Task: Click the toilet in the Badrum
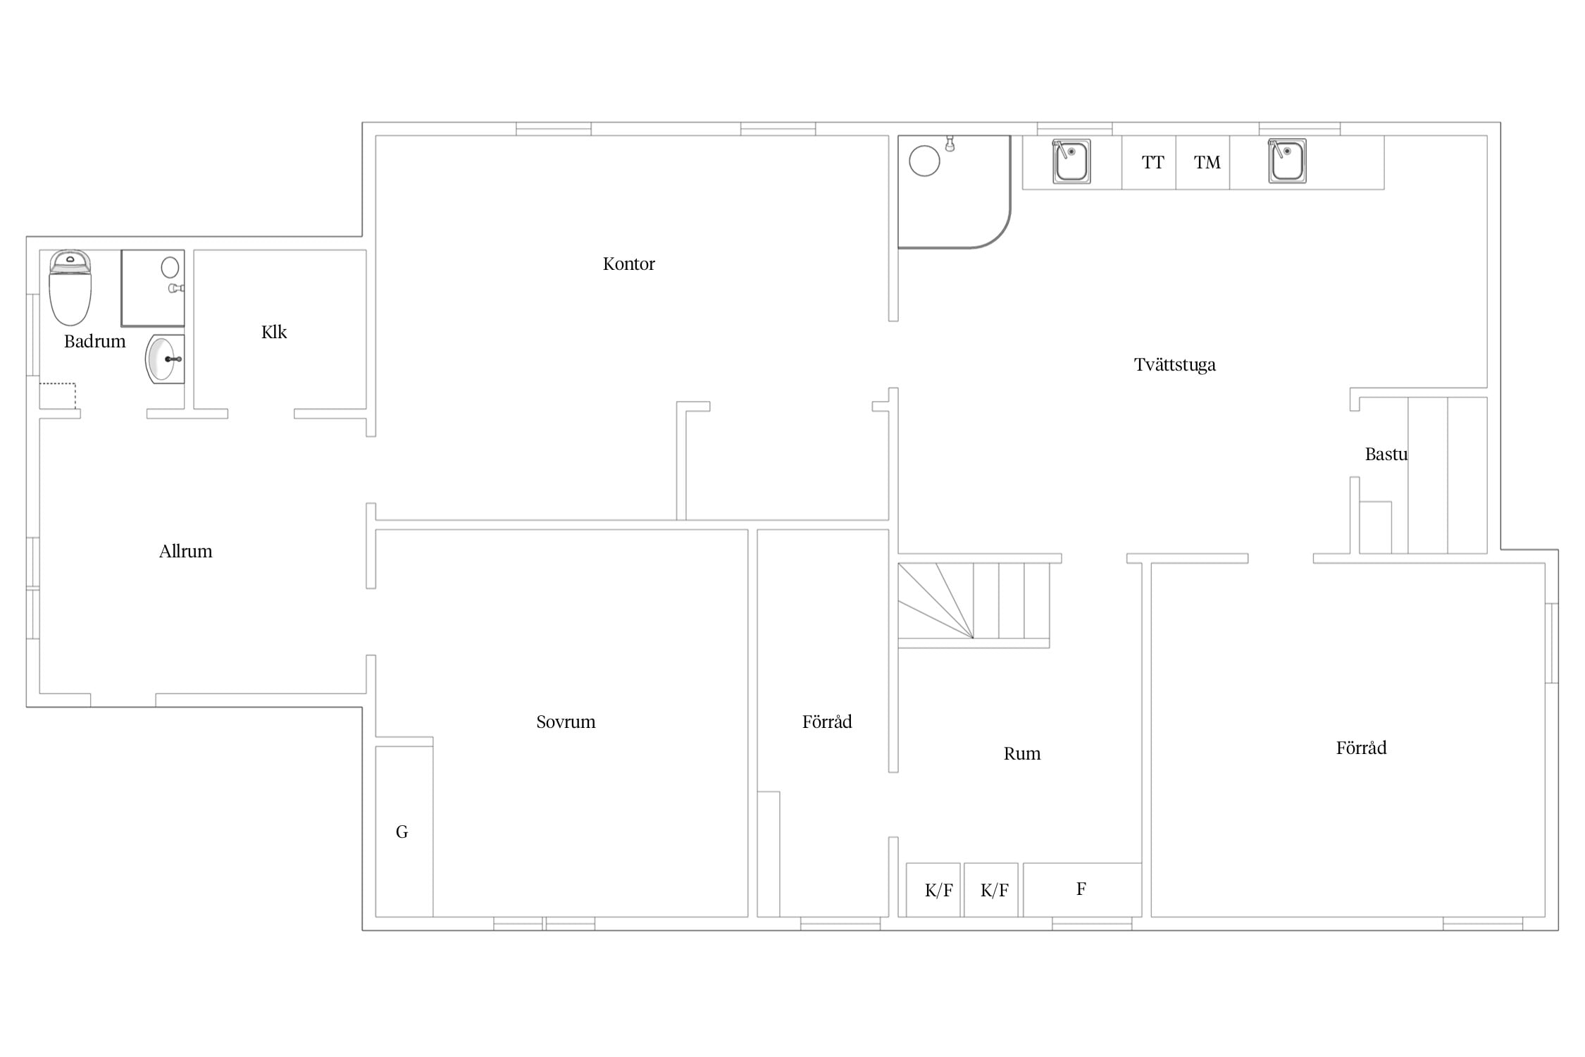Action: [70, 288]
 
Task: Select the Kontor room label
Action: [628, 264]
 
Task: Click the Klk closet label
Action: [274, 332]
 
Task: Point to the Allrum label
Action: [185, 551]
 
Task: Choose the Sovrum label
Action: [566, 722]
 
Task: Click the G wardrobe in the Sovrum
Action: [404, 832]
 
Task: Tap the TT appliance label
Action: [1152, 163]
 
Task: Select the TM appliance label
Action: [1207, 163]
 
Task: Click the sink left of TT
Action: [1071, 161]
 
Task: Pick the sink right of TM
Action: [1287, 161]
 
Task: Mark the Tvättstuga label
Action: [1174, 365]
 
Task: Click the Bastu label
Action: [1386, 455]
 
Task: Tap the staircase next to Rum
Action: [974, 605]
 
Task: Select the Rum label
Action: [1021, 754]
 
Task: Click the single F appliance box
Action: [1082, 890]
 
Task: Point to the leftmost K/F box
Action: [933, 890]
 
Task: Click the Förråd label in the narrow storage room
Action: [827, 722]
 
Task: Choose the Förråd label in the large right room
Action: [1361, 748]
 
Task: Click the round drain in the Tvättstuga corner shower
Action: [924, 161]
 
